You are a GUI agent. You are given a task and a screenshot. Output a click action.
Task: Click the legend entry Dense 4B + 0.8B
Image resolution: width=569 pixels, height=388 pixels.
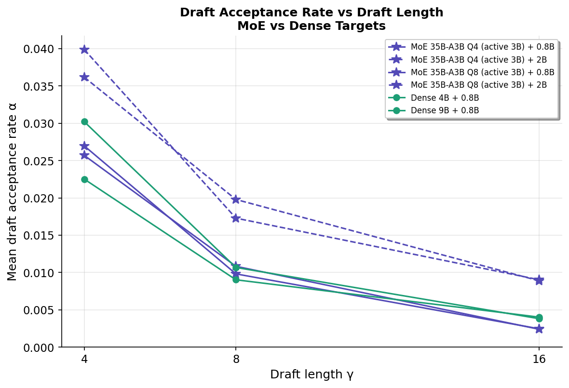(x=445, y=98)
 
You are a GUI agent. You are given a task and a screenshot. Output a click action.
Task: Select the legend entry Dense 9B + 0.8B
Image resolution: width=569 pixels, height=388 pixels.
(x=445, y=110)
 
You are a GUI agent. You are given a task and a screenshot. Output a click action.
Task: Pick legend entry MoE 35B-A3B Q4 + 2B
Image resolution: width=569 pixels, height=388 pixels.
(x=478, y=60)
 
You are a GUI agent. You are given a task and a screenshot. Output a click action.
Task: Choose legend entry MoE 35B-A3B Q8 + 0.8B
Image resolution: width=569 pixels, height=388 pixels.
(x=482, y=72)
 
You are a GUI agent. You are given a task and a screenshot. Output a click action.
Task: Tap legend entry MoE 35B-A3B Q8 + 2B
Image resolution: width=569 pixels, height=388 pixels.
(x=478, y=85)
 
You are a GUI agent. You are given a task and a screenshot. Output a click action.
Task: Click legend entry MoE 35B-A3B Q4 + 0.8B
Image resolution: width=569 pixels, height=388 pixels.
(x=482, y=47)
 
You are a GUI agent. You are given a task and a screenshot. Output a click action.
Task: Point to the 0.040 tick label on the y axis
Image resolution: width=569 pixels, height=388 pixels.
(x=41, y=49)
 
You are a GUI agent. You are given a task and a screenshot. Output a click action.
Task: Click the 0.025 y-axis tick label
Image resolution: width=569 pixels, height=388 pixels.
(x=41, y=161)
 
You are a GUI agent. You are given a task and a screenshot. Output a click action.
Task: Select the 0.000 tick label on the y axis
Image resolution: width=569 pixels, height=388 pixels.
(x=41, y=348)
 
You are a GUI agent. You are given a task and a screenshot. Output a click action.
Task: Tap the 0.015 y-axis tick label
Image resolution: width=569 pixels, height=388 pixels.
(x=41, y=236)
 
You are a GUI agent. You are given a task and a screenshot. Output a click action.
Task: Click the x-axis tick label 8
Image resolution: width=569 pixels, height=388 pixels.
(x=236, y=359)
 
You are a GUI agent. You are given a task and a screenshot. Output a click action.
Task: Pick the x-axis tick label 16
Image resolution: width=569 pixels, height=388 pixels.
(x=539, y=359)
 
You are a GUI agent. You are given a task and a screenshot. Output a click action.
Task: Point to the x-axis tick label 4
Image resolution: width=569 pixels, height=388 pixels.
(x=84, y=359)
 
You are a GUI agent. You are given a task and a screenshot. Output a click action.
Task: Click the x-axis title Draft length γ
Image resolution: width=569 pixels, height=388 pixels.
(x=312, y=375)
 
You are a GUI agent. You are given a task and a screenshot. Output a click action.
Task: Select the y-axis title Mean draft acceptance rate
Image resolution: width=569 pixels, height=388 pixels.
(x=12, y=191)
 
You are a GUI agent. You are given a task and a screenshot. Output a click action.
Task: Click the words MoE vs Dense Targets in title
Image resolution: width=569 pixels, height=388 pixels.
(x=312, y=26)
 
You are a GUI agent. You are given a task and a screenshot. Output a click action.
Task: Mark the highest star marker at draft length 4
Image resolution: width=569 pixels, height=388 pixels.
(x=84, y=50)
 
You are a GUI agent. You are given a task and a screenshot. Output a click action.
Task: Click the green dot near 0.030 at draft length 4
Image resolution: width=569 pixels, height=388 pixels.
(x=84, y=122)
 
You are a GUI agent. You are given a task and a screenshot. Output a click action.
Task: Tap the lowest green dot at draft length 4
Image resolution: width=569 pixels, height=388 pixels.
(x=84, y=179)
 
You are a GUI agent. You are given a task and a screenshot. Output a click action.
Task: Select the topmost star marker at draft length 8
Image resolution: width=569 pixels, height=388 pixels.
(x=236, y=200)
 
